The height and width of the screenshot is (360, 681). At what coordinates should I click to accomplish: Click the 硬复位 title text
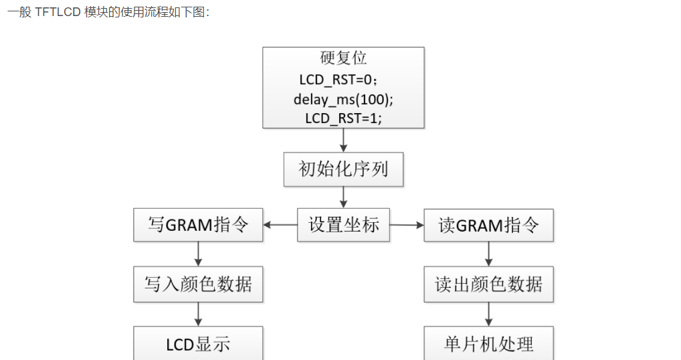[343, 58]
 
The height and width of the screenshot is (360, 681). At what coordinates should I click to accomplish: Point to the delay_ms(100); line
[343, 99]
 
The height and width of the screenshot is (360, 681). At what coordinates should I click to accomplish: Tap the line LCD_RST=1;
[343, 118]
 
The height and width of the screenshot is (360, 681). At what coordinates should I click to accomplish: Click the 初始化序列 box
[343, 169]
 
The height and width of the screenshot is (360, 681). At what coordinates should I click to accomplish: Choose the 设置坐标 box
[343, 225]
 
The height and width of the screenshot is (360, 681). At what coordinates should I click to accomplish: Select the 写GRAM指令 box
[198, 225]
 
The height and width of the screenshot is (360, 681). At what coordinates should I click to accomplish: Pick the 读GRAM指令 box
[488, 225]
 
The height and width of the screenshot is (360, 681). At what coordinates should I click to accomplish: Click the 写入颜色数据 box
[198, 284]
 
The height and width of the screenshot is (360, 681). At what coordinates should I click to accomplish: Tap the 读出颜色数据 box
[488, 284]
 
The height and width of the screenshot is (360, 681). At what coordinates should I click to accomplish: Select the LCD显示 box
[198, 344]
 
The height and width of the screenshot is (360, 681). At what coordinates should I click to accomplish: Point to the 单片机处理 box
[488, 344]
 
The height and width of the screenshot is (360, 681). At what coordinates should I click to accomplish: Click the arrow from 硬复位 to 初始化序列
[343, 140]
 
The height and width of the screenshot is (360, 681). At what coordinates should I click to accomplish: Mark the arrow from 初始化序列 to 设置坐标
[343, 197]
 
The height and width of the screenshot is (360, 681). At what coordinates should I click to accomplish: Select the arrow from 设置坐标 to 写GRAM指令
[280, 225]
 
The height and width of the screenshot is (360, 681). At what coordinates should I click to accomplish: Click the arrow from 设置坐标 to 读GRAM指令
[407, 225]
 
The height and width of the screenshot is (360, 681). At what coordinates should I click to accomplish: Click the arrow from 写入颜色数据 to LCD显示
[198, 314]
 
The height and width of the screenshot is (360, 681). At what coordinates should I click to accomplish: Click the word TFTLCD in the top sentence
[58, 13]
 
